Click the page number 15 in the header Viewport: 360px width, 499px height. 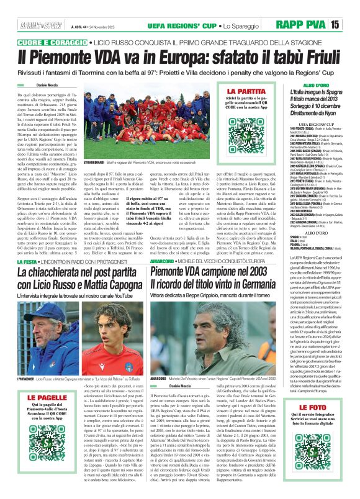(x=351, y=24)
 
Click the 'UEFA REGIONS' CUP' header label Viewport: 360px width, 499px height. (x=158, y=24)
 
